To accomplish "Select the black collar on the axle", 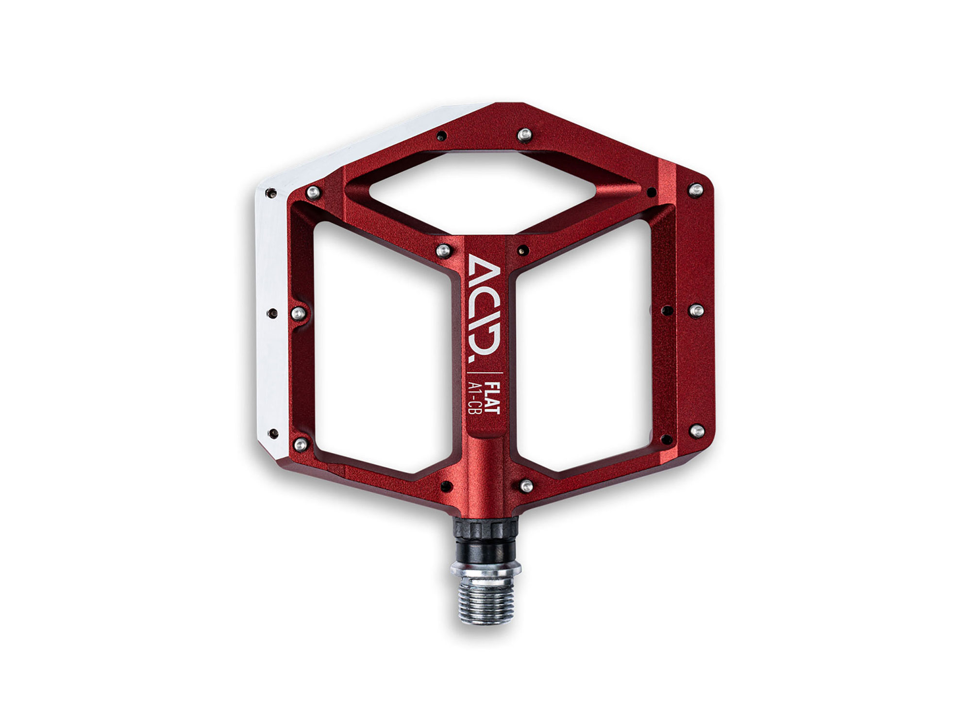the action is click(x=485, y=539).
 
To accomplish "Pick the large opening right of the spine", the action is click(x=583, y=345).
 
